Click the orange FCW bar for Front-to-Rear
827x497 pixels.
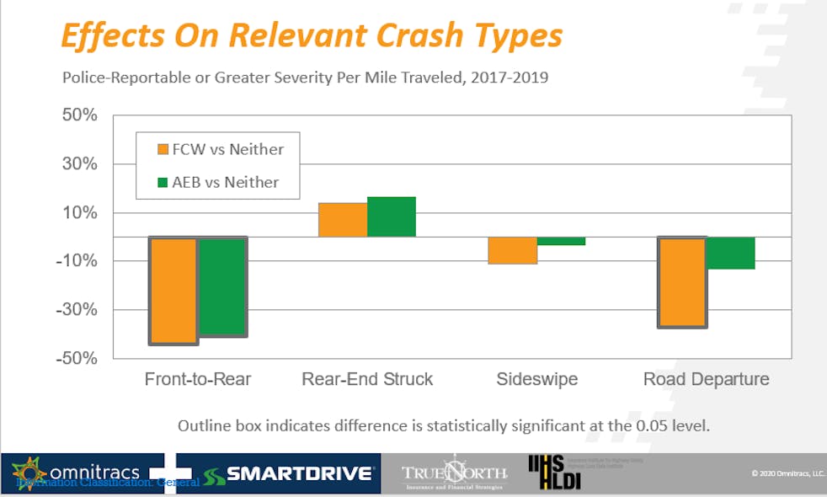(174, 291)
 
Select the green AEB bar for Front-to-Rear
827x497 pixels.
(222, 286)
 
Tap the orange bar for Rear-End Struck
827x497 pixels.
(343, 220)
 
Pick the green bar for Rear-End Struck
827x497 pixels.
(392, 216)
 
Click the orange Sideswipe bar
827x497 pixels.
(513, 250)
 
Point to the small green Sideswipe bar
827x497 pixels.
(562, 241)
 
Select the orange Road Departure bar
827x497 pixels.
(682, 282)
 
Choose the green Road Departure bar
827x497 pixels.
(731, 254)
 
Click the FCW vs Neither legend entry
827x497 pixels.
(219, 150)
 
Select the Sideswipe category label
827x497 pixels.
(537, 379)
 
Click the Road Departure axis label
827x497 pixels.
(706, 379)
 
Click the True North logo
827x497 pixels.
(454, 474)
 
